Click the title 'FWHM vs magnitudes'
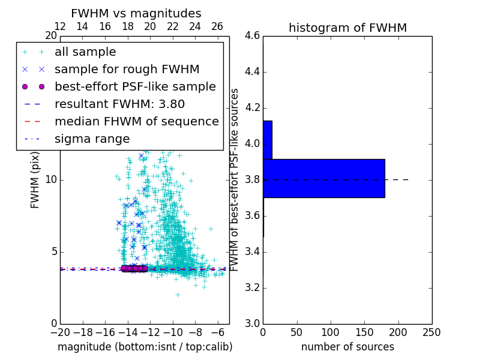(136, 13)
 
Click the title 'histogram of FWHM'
(347, 28)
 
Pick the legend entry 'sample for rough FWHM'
(127, 69)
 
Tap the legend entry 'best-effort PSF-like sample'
(135, 86)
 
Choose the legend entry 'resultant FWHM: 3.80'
(119, 104)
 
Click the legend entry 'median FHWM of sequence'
(136, 121)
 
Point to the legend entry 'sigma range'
(92, 139)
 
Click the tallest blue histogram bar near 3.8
(324, 178)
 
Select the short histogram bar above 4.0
(268, 140)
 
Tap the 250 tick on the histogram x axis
(431, 332)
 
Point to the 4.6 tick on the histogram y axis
(253, 36)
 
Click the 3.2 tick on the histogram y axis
(253, 287)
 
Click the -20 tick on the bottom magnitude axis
(60, 332)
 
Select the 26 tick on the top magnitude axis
(217, 26)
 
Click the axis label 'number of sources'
(347, 347)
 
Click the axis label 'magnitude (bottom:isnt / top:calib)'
(145, 347)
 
